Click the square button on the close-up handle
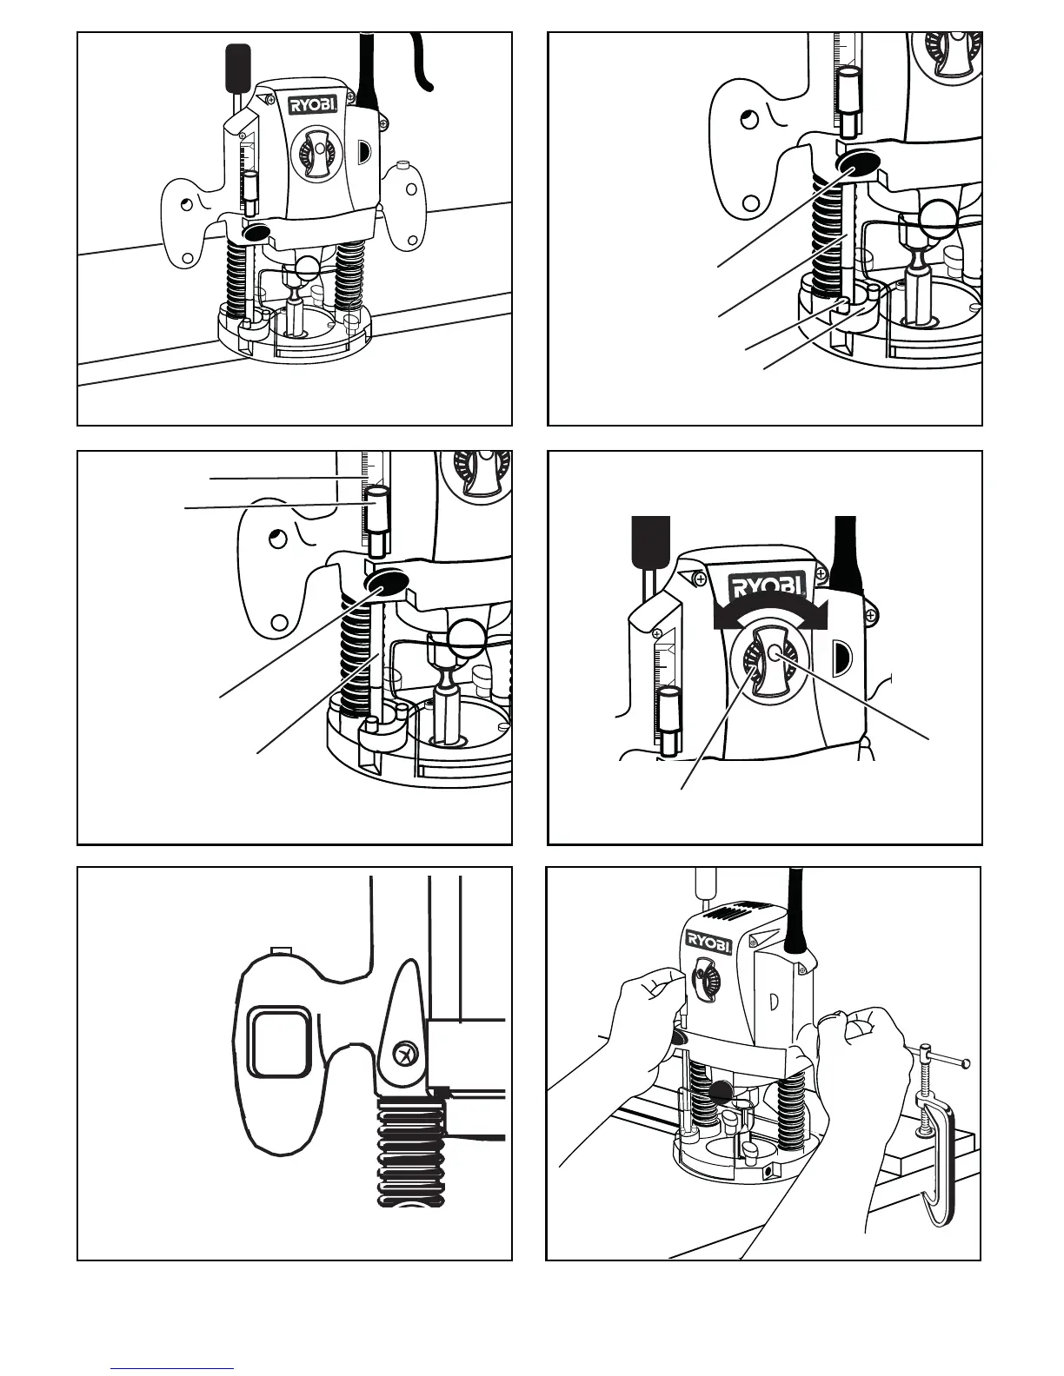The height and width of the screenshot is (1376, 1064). (280, 1040)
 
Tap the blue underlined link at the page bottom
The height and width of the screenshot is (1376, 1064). (172, 1367)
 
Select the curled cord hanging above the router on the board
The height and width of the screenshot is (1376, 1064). (423, 63)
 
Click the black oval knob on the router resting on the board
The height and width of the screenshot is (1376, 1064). (256, 233)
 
